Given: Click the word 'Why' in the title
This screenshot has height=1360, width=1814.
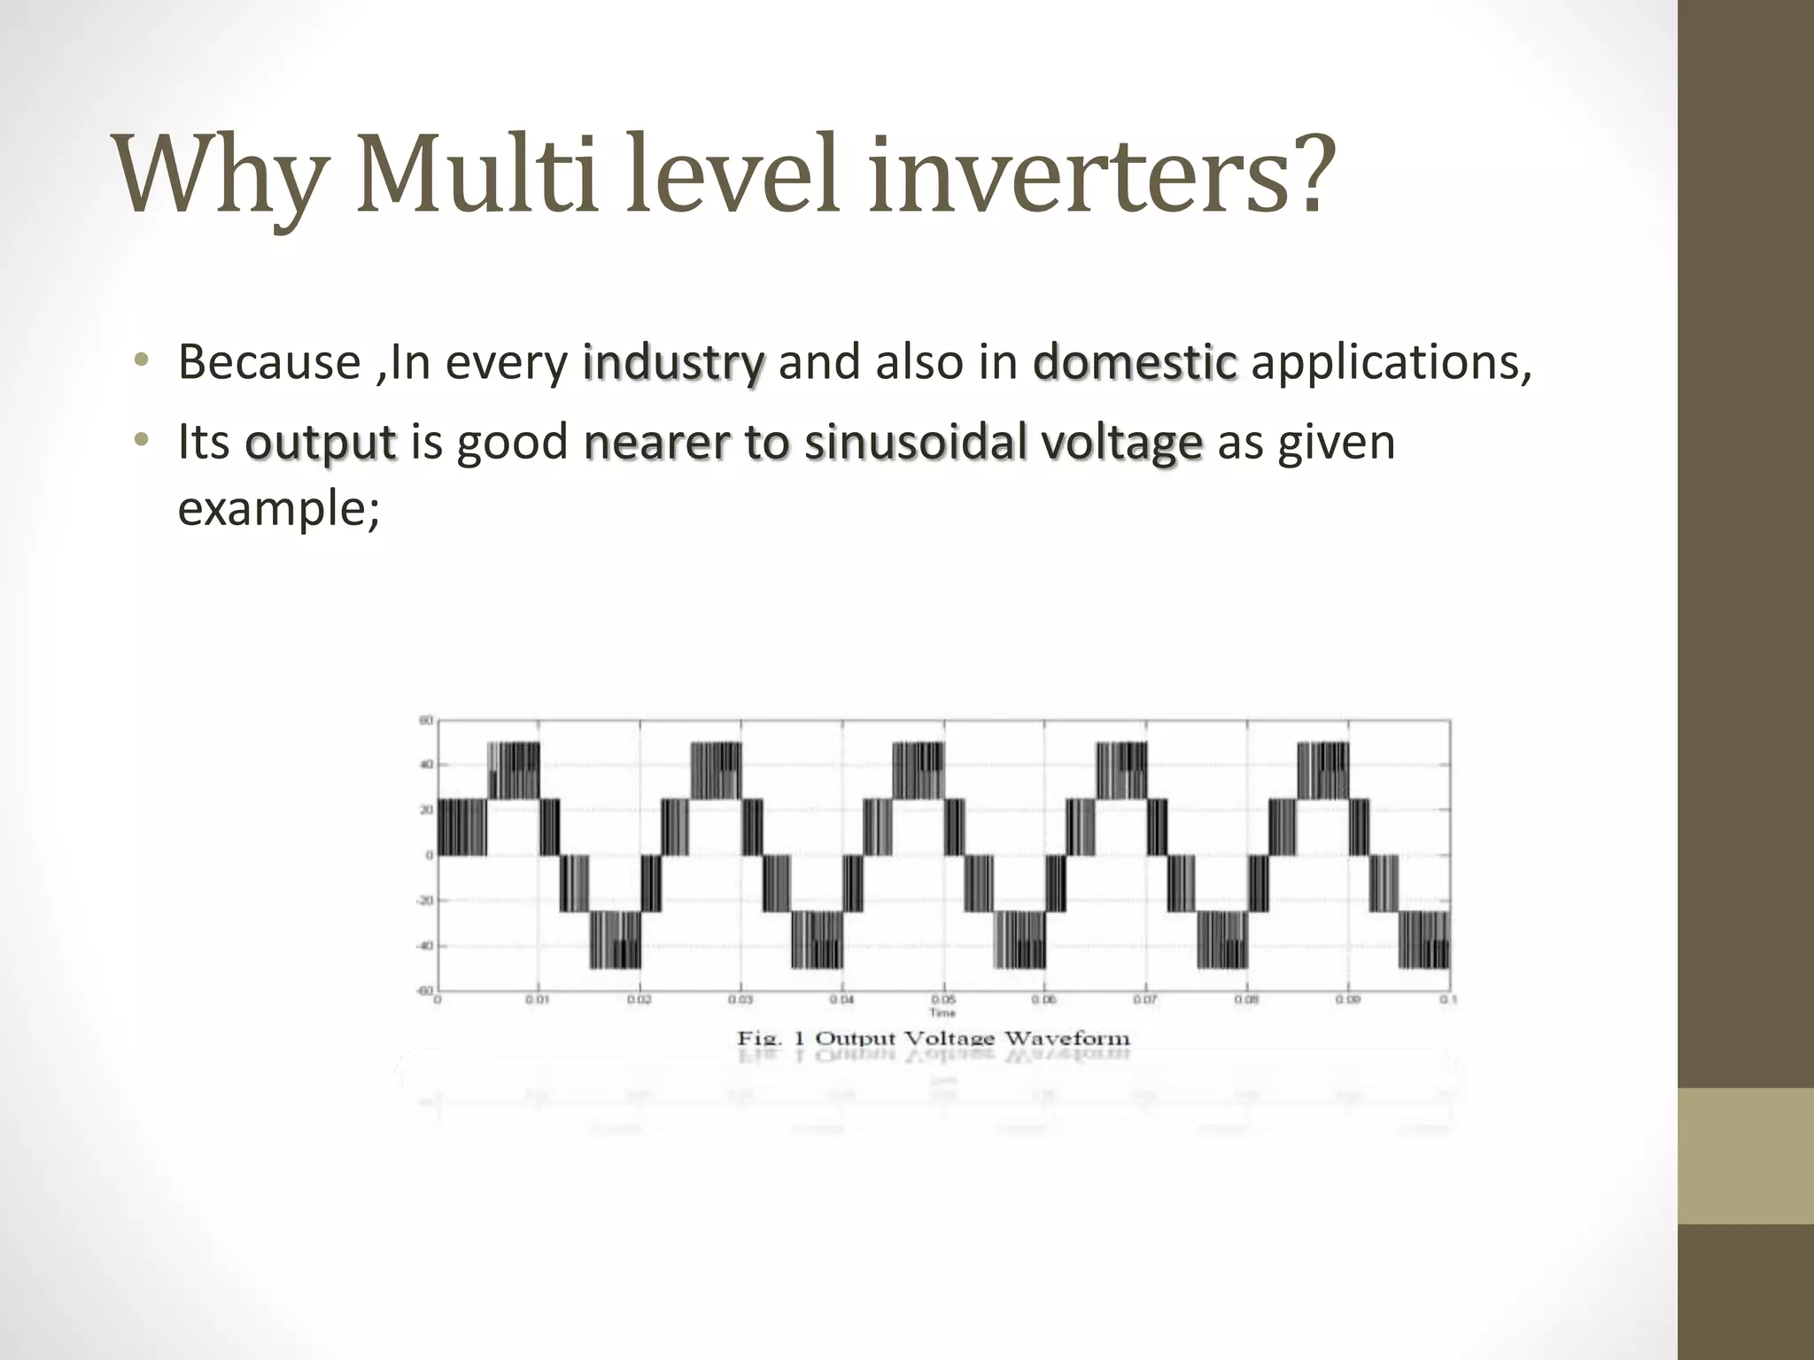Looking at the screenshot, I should click(x=218, y=176).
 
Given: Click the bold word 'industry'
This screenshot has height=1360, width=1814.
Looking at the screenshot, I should click(x=673, y=363).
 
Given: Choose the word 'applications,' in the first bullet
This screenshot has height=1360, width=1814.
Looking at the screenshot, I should click(x=1391, y=363).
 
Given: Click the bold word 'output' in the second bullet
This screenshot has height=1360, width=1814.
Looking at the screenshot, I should click(x=321, y=443).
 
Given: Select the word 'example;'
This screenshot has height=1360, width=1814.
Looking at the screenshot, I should click(x=279, y=508).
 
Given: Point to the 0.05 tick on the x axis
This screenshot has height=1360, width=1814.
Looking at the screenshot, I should click(x=943, y=999).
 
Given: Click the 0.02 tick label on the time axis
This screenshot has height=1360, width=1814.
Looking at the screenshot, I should click(x=640, y=999).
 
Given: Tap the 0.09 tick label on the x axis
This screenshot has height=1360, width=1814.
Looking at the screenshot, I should click(x=1348, y=999).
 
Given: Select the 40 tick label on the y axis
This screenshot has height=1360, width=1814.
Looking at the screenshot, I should click(x=426, y=765).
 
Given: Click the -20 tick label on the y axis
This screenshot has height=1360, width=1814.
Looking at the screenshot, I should click(x=424, y=900).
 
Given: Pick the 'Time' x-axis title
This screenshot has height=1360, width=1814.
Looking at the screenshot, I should click(x=942, y=1011).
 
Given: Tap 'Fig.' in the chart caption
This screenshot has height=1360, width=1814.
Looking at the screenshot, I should click(x=759, y=1038).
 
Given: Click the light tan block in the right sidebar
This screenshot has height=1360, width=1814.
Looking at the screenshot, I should click(x=1746, y=1155).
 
